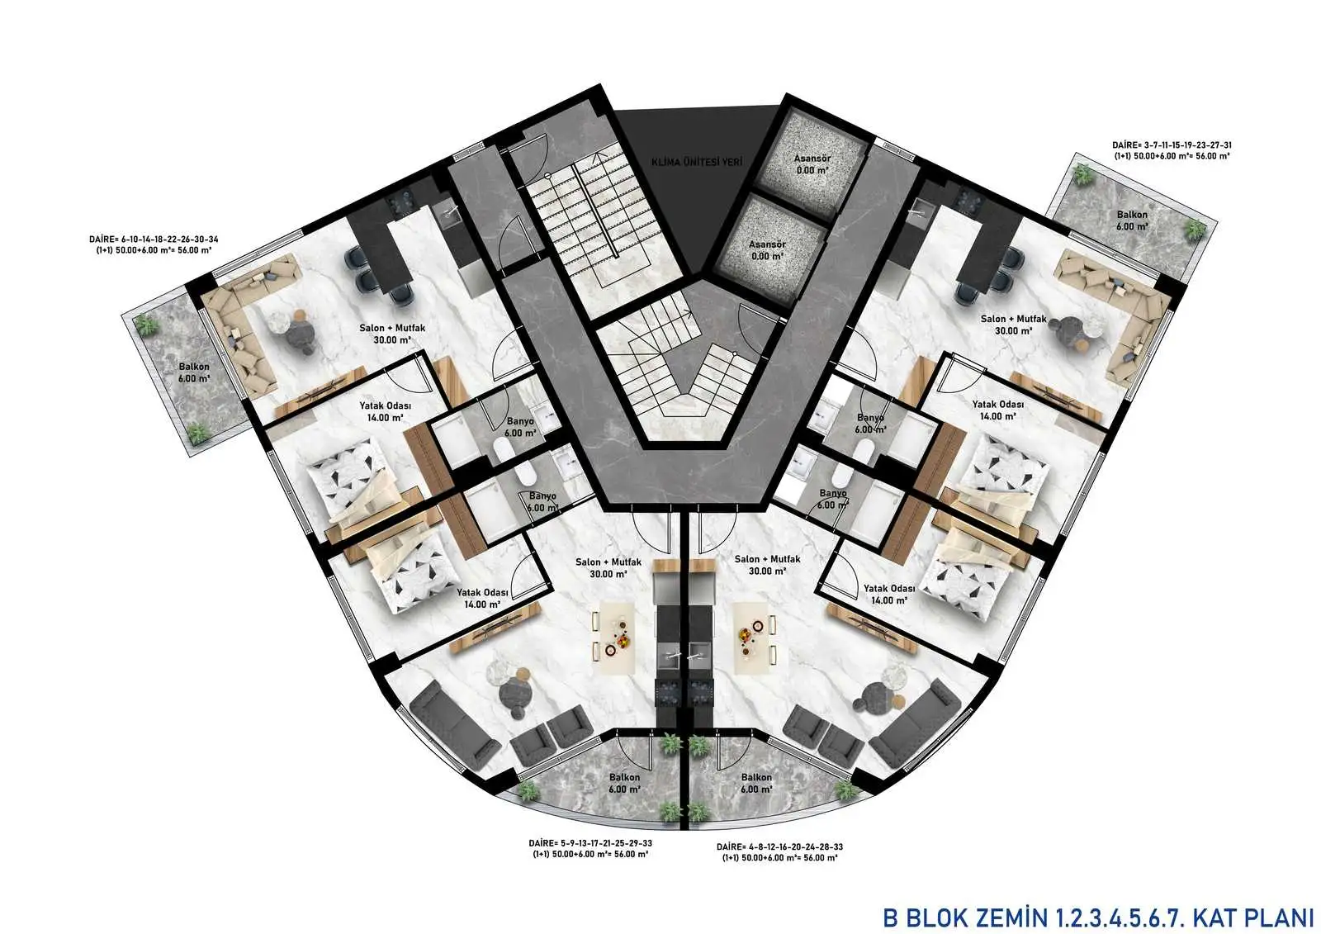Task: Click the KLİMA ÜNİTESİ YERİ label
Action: coord(697,162)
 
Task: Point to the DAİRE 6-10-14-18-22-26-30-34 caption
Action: coord(154,245)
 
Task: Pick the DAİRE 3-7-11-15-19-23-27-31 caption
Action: coord(1172,150)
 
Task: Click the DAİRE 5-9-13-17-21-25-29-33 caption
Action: coord(590,848)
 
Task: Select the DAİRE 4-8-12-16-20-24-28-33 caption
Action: coord(779,852)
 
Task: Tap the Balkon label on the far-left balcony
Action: coord(194,367)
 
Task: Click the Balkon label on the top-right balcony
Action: coord(1132,215)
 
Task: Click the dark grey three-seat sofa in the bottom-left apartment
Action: coord(454,728)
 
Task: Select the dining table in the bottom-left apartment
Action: coord(613,638)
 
